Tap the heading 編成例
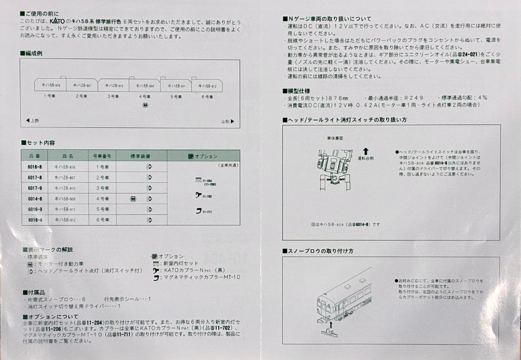tap(33, 54)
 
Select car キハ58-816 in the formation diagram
tap(50, 85)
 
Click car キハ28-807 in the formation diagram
tap(82, 85)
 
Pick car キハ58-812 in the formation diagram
tap(207, 86)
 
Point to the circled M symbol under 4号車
tap(145, 106)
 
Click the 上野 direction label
tap(32, 121)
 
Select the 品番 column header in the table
tap(35, 156)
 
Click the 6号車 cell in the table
tap(102, 220)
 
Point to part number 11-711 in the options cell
tap(207, 211)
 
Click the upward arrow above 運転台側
tap(365, 152)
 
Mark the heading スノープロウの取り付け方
tap(321, 251)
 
